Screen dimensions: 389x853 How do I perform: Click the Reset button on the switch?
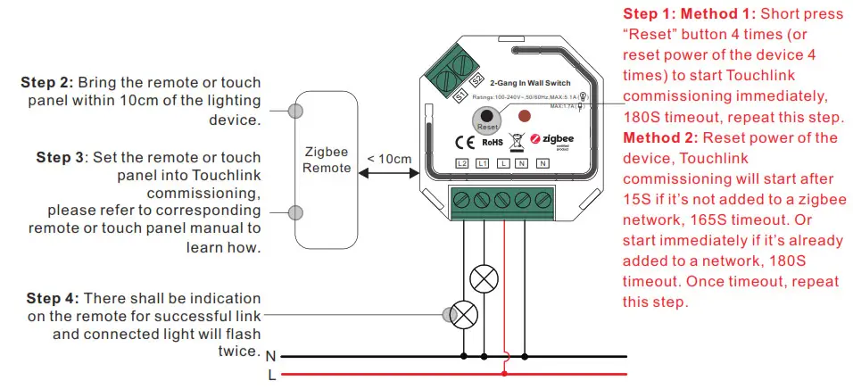point(484,117)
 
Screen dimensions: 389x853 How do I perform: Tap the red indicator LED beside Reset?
point(526,116)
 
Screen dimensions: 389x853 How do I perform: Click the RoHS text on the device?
point(493,142)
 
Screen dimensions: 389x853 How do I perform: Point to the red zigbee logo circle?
point(536,139)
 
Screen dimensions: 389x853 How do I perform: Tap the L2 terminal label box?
point(461,163)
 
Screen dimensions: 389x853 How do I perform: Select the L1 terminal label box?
point(483,163)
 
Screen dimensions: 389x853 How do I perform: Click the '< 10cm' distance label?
point(389,159)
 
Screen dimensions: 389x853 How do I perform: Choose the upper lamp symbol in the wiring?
point(484,279)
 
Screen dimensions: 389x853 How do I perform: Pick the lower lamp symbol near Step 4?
point(463,314)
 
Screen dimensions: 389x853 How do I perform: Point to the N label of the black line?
point(270,356)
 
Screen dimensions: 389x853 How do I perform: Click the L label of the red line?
point(271,375)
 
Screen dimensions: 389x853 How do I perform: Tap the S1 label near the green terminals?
point(460,95)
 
